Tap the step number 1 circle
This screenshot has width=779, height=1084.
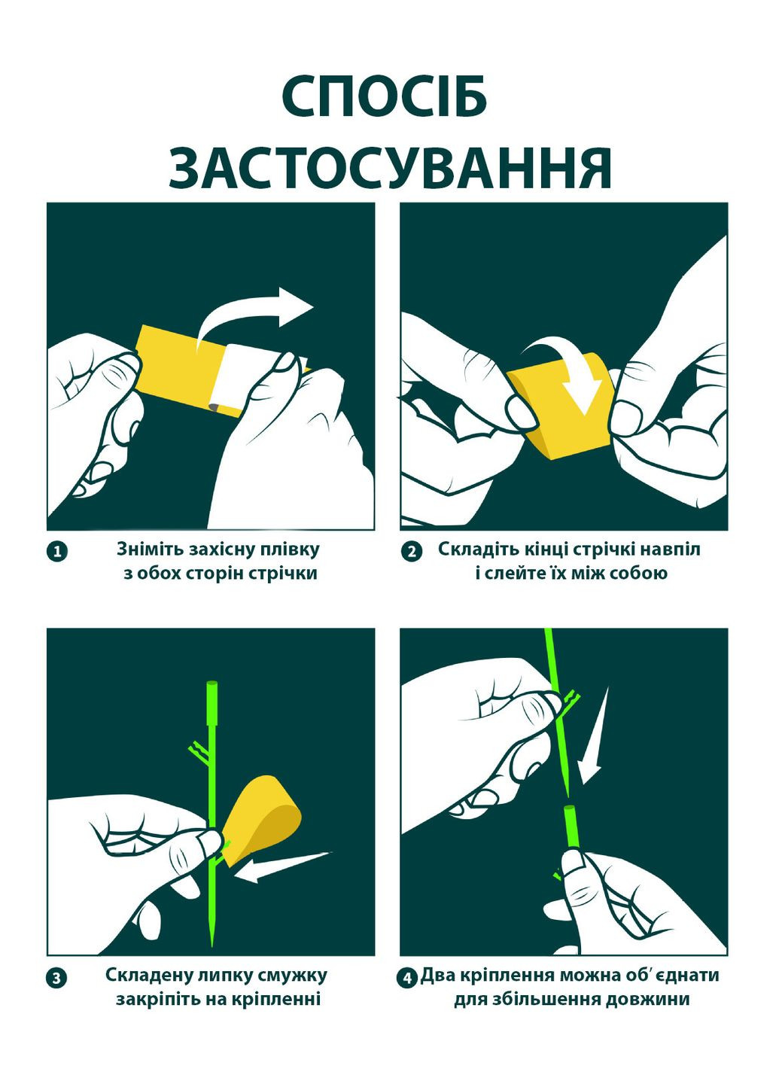(x=58, y=552)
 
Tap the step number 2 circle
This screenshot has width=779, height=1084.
(x=411, y=552)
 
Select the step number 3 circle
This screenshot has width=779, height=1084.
(x=58, y=978)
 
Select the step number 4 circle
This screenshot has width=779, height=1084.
(x=406, y=978)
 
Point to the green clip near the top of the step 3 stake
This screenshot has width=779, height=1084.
(x=198, y=749)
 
